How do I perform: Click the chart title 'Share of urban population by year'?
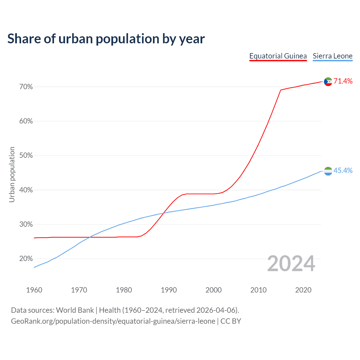click(106, 39)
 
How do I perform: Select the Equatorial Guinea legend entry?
click(278, 56)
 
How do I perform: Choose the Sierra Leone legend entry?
click(332, 56)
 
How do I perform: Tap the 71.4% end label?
click(343, 81)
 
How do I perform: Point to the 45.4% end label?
click(343, 171)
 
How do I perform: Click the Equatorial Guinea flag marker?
click(328, 82)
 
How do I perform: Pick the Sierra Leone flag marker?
click(328, 171)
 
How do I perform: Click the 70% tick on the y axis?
click(26, 87)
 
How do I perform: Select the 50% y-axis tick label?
click(26, 156)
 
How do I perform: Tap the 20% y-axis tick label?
click(26, 259)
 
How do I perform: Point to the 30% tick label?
click(26, 224)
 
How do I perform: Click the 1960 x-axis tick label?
click(34, 290)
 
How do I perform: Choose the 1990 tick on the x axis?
click(169, 290)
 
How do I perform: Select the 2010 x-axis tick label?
click(258, 290)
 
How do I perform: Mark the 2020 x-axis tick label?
click(303, 290)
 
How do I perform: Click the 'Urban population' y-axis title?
click(12, 174)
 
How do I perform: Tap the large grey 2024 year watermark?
click(291, 264)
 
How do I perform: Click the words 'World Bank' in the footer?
click(75, 310)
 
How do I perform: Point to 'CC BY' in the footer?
click(231, 321)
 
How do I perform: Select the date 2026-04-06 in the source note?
click(215, 310)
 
